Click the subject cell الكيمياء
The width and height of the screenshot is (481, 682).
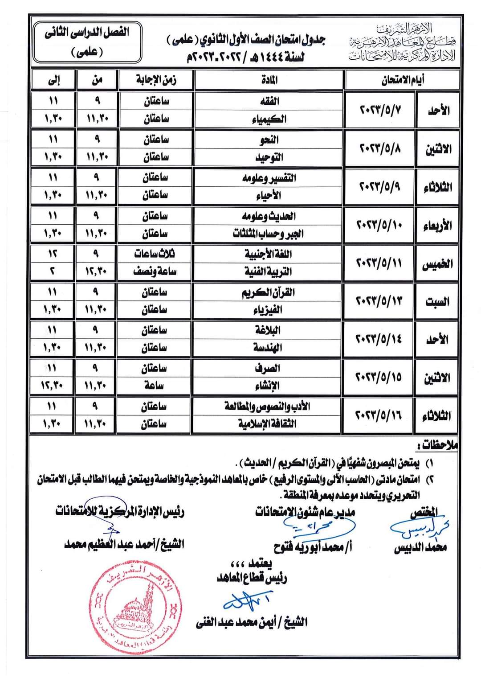pyautogui.click(x=269, y=119)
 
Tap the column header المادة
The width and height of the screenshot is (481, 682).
pyautogui.click(x=269, y=80)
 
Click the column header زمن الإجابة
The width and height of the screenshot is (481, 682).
pyautogui.click(x=155, y=80)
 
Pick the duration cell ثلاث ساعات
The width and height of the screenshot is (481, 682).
pyautogui.click(x=155, y=254)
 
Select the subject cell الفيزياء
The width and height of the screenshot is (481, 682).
pyautogui.click(x=269, y=310)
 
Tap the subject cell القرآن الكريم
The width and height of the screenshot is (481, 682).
pyautogui.click(x=269, y=292)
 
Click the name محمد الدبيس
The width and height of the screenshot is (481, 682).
pyautogui.click(x=420, y=547)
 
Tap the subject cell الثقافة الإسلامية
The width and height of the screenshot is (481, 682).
pyautogui.click(x=269, y=424)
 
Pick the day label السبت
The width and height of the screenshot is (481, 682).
pyautogui.click(x=437, y=302)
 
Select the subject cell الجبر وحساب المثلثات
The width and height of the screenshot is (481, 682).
pyautogui.click(x=269, y=234)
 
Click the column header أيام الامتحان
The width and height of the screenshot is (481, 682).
pyautogui.click(x=403, y=80)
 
